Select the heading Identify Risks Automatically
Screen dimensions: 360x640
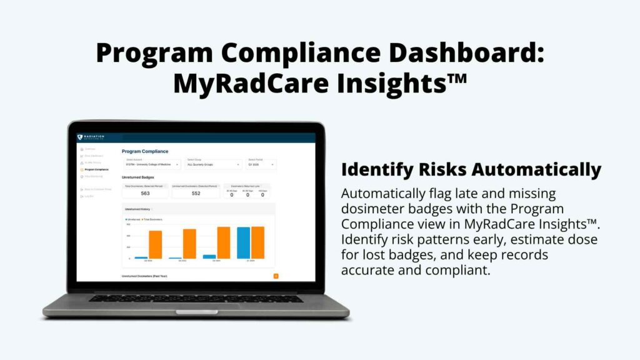471,169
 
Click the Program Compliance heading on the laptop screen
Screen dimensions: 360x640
145,151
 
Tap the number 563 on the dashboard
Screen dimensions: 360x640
145,193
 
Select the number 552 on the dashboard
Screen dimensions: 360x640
195,193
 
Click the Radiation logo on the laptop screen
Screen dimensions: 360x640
91,137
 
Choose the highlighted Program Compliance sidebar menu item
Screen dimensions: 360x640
96,170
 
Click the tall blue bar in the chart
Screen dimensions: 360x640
243,242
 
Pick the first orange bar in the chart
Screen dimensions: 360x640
155,244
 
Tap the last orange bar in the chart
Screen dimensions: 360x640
257,242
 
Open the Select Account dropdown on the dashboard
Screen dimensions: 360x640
152,165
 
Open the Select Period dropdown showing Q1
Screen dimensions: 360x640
261,165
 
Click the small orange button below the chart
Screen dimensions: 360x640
276,276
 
